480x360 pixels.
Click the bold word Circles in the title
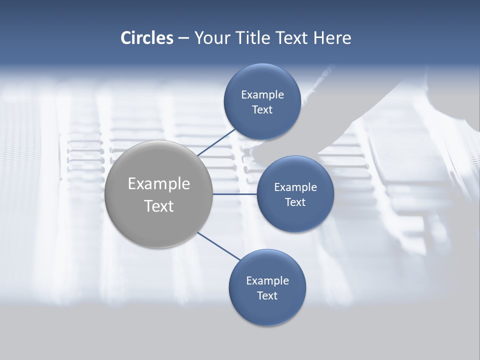coord(147,38)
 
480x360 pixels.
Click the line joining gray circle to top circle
coord(217,142)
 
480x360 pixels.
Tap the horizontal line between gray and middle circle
coord(235,194)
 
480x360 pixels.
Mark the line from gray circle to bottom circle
coord(219,246)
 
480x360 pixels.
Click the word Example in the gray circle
coord(159,184)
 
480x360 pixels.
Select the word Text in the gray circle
coord(159,206)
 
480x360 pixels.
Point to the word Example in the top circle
coord(262,95)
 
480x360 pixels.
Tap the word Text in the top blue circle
coord(262,110)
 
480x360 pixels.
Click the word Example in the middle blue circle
coord(295,187)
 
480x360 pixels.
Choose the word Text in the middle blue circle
coord(295,202)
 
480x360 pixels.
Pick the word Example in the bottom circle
coord(267,281)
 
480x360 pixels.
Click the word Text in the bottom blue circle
coord(267,296)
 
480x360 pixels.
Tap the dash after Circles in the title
coord(183,38)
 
